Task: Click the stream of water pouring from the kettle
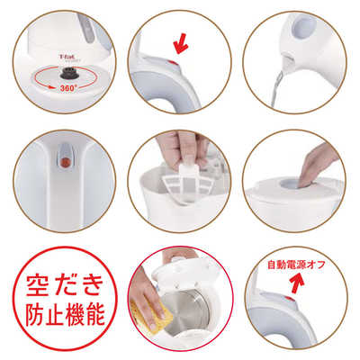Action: (x=278, y=90)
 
